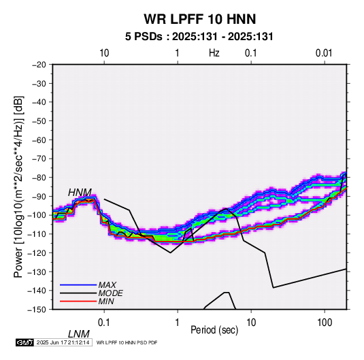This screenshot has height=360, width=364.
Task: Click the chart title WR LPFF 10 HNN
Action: pos(199,19)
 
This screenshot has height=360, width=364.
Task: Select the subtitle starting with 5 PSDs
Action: pos(199,37)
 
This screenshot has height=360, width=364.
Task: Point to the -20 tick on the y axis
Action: pos(39,65)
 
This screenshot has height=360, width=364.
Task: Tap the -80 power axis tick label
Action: pos(39,178)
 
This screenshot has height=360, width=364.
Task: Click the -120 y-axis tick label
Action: pos(37,252)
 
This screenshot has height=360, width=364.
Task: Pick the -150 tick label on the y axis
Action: pos(37,310)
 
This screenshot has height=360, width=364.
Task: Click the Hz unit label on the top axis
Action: pos(214,53)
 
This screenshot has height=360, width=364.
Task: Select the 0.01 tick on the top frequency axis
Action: pos(324,53)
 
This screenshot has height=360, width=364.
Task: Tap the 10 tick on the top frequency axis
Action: pos(104,53)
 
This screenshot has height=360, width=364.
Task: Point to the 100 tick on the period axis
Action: pos(325,323)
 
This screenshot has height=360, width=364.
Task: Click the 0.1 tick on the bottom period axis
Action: pos(104,323)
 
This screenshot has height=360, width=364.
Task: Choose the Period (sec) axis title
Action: pos(214,330)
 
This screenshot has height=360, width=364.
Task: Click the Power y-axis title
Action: pos(18,186)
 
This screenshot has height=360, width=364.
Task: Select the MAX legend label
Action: pos(107,285)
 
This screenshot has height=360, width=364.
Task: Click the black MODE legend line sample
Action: pos(78,293)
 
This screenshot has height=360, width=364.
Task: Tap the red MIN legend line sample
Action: pos(78,301)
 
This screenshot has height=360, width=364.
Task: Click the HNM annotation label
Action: pos(80,193)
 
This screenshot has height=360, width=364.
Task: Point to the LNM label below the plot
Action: pos(79,334)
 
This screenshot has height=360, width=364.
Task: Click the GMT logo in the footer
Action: pos(25,342)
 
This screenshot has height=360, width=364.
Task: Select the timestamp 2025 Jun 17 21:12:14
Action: pos(63,342)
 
